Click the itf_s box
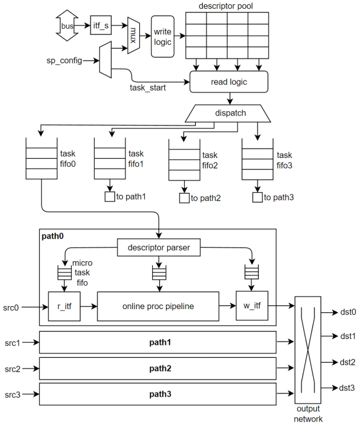pos(100,25)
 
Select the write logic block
pos(163,36)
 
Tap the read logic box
pos(229,82)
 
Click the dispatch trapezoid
pos(228,113)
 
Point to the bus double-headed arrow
pos(67,26)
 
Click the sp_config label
pos(64,61)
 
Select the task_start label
pos(148,88)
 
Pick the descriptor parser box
pos(159,248)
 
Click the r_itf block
pos(64,307)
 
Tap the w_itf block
pos(252,305)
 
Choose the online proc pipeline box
pos(158,307)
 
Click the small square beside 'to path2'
pos(184,198)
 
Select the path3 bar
pos(158,394)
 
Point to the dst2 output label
pos(348,362)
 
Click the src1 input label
pos(12,343)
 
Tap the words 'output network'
pos(308,414)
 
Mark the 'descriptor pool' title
pos(225,6)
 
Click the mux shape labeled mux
pos(134,36)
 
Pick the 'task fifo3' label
pos(285,160)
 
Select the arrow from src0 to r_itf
pos(35,307)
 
